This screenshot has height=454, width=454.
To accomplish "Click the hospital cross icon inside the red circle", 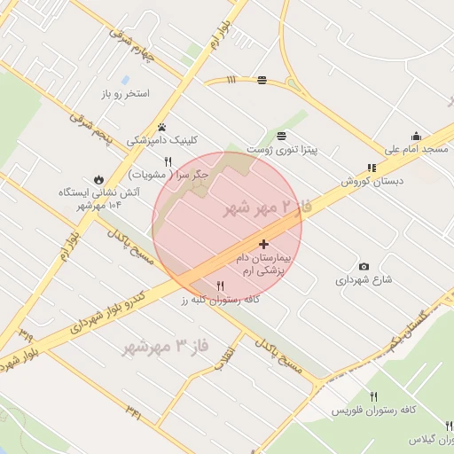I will click(263, 243).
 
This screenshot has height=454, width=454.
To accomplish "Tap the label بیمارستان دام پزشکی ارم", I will click(263, 262).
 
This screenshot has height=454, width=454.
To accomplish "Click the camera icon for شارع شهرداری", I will click(364, 266).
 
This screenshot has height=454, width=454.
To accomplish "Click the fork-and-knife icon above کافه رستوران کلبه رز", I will click(220, 286).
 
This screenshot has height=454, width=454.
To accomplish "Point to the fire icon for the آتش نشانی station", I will click(98, 178).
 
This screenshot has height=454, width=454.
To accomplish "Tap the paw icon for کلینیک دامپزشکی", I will click(162, 127).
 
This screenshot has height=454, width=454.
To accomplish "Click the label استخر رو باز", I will click(125, 93).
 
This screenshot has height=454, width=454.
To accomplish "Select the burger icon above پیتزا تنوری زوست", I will click(281, 136).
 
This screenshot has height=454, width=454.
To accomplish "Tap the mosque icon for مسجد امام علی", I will click(416, 136).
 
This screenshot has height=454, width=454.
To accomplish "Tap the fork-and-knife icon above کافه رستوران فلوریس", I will click(374, 396).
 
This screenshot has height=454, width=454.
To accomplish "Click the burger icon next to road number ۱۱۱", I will click(262, 81).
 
